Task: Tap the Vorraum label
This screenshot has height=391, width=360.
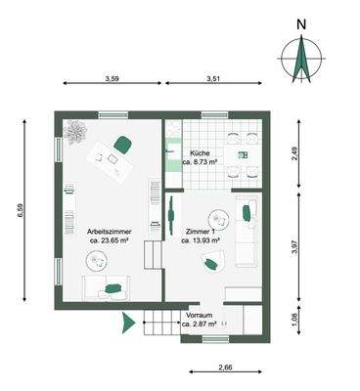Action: click(x=198, y=317)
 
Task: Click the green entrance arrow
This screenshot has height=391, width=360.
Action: click(x=126, y=321)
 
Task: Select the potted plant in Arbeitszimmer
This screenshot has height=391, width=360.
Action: click(x=75, y=129)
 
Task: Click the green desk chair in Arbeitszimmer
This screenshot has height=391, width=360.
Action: click(x=123, y=145)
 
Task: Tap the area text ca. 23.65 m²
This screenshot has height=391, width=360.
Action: click(x=106, y=240)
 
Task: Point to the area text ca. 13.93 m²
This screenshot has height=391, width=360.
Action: click(x=202, y=240)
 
